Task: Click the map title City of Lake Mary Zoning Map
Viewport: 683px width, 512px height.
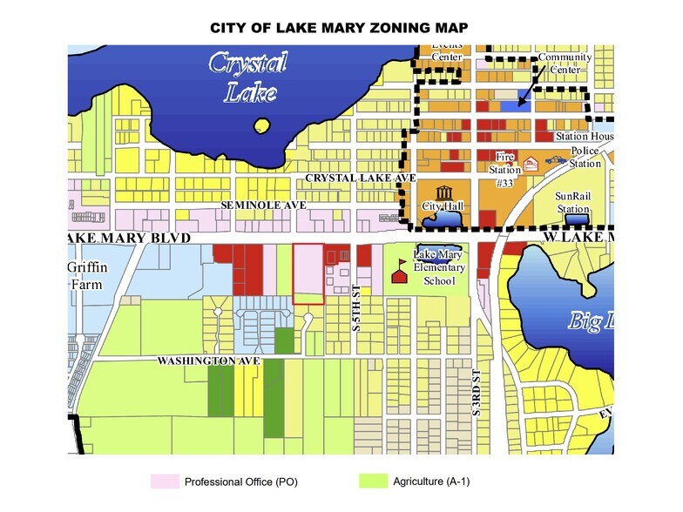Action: coord(340,29)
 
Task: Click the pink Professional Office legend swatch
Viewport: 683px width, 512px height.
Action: coord(166,482)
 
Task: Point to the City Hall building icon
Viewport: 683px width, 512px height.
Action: coord(446,192)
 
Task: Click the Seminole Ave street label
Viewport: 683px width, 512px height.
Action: coord(263,204)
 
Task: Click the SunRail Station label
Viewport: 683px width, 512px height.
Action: coord(573,203)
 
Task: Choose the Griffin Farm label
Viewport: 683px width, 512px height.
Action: coord(88,274)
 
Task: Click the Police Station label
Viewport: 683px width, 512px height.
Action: coord(585,158)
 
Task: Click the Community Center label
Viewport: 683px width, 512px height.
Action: coord(565,63)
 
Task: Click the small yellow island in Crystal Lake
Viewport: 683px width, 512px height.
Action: coord(261,126)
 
